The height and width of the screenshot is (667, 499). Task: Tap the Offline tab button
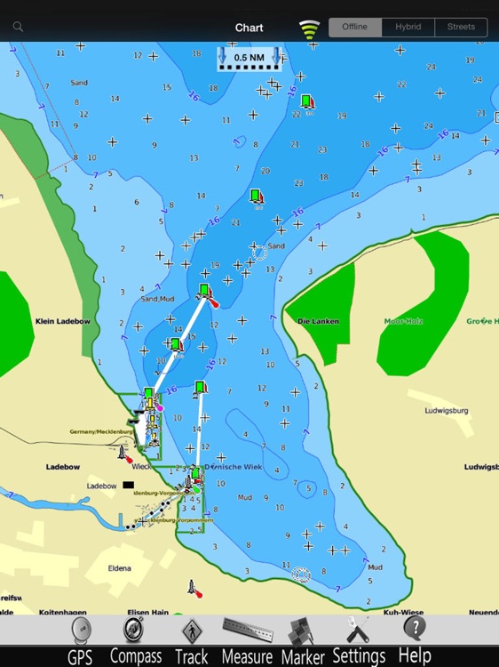click(x=355, y=28)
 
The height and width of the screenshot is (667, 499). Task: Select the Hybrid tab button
click(x=408, y=28)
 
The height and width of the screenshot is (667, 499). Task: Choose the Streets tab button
click(x=461, y=28)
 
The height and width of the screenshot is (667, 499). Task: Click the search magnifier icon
click(x=18, y=28)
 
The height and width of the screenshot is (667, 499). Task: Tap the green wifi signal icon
click(x=309, y=29)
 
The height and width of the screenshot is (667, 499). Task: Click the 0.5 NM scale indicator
click(x=249, y=58)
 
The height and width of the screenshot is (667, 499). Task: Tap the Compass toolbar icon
click(x=134, y=630)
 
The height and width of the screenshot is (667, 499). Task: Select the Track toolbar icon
click(x=191, y=631)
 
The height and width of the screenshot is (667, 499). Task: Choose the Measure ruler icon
click(x=247, y=630)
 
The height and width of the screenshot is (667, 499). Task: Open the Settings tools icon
click(x=358, y=629)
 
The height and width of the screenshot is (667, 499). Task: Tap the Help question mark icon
click(x=414, y=628)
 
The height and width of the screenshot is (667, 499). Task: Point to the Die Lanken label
click(x=318, y=321)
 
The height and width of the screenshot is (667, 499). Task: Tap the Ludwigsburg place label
click(x=447, y=411)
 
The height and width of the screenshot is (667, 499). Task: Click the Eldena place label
click(x=119, y=568)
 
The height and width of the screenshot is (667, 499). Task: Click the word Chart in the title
click(x=249, y=28)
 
